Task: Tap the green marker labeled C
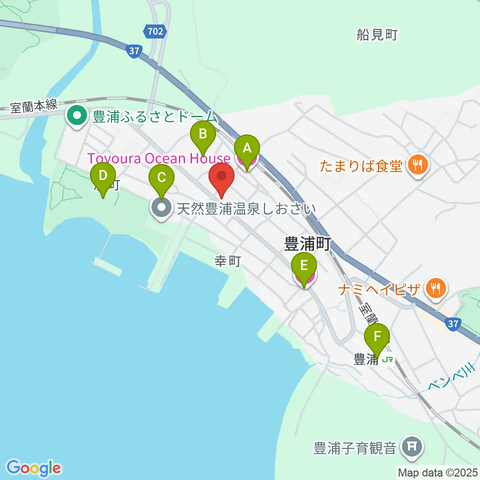161,177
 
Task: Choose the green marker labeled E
304,263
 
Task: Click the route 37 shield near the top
133,50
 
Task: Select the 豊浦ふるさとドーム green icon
77,116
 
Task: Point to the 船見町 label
376,34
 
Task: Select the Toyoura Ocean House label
159,158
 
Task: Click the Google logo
34,468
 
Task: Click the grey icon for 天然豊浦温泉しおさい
161,208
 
